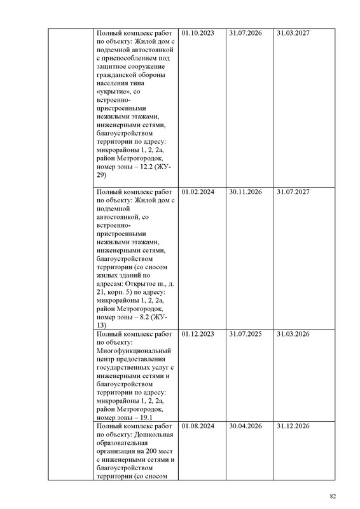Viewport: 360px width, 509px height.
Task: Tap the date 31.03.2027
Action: (x=293, y=32)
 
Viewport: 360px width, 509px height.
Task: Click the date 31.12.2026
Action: (x=293, y=426)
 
